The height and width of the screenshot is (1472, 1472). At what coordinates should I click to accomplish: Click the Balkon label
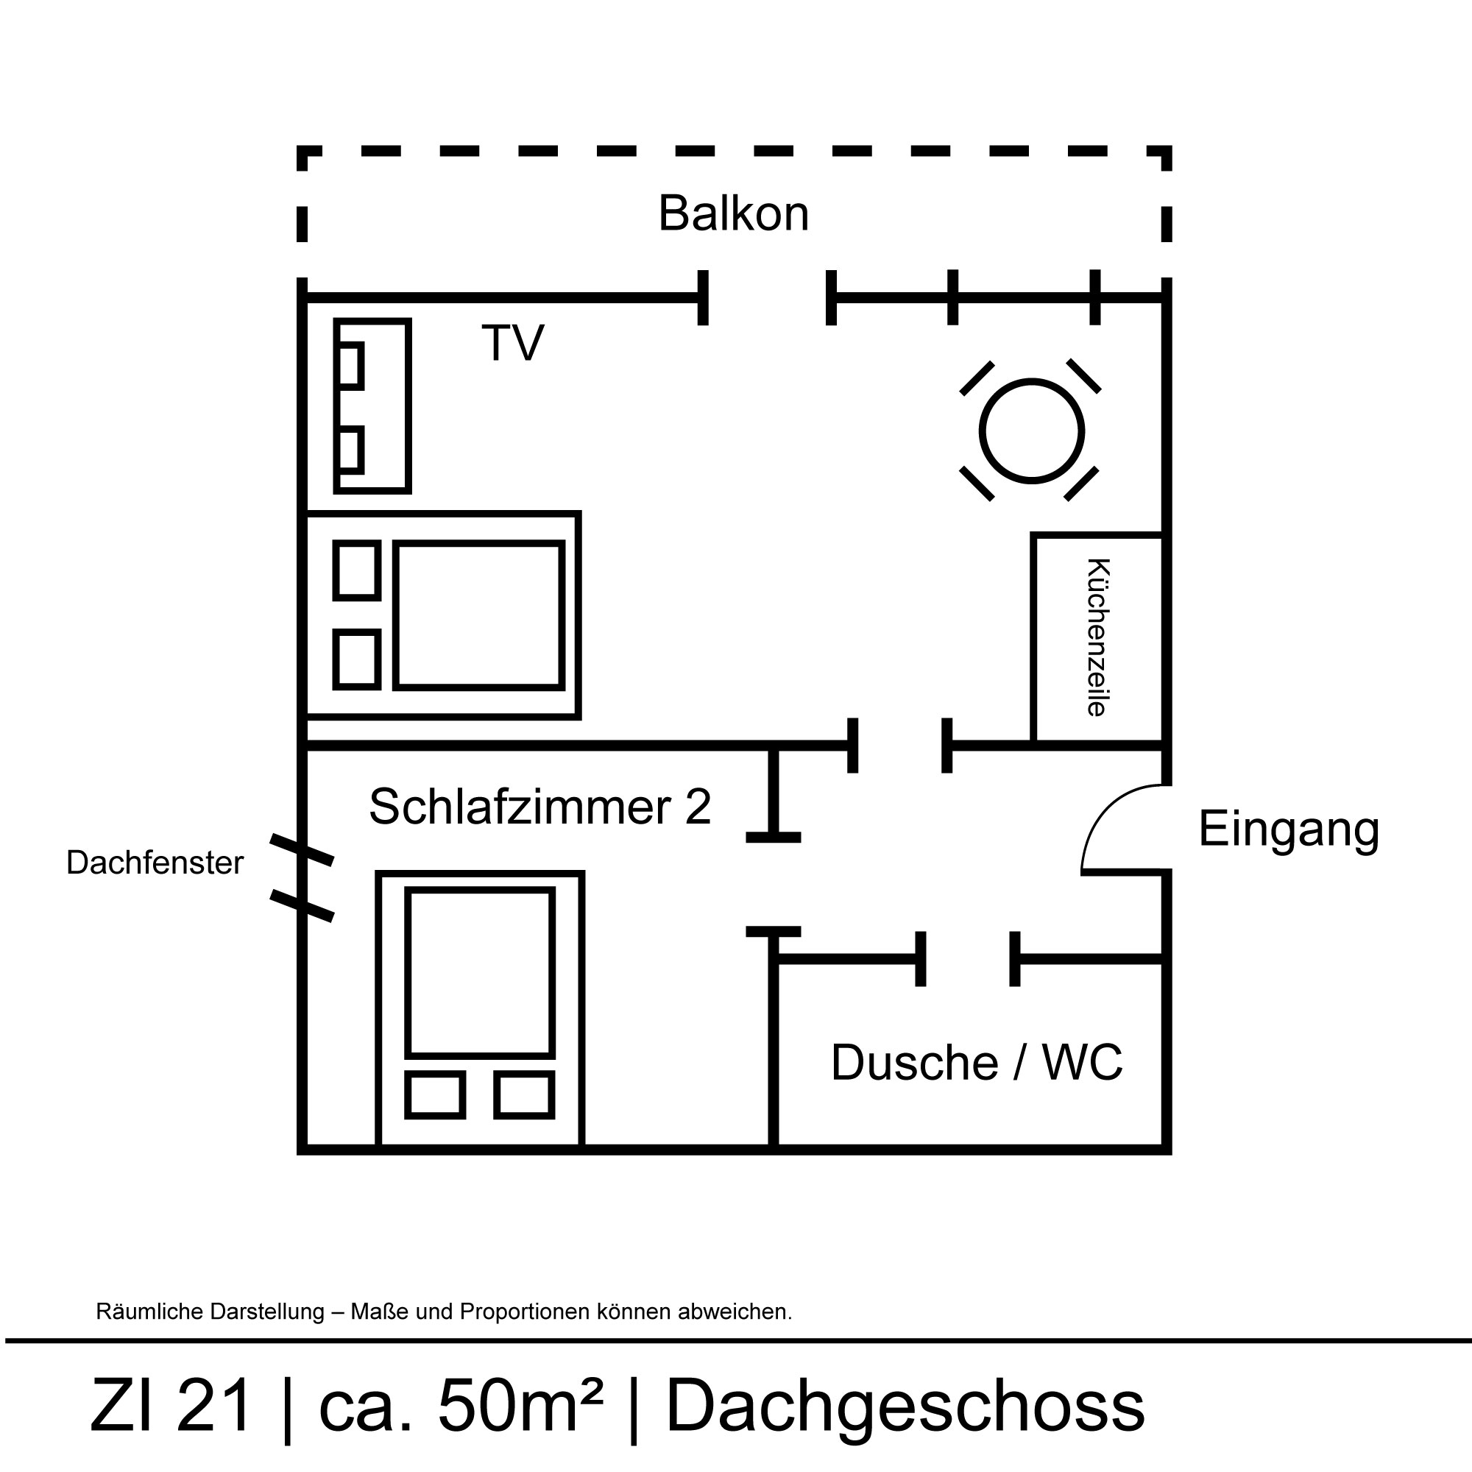733,213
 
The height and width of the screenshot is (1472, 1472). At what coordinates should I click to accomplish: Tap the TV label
513,343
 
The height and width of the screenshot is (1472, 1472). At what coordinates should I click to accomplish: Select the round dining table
1031,431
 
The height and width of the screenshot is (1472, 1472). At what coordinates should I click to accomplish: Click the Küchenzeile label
1097,637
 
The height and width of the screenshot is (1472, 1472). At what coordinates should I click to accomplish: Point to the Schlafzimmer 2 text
539,806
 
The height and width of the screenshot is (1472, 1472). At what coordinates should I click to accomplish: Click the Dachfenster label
155,863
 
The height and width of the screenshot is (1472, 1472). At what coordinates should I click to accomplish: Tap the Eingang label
1289,829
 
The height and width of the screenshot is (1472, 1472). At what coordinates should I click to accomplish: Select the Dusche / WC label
976,1062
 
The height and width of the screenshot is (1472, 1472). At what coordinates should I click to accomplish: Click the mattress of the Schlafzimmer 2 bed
479,972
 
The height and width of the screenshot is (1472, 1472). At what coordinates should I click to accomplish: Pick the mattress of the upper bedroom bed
479,615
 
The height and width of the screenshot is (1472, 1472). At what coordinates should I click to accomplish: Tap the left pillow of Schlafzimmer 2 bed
434,1096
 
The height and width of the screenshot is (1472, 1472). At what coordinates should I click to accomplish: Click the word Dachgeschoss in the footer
905,1406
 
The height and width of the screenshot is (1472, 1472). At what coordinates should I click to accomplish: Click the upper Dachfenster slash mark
302,850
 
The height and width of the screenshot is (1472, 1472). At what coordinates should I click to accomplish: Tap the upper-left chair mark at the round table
977,378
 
